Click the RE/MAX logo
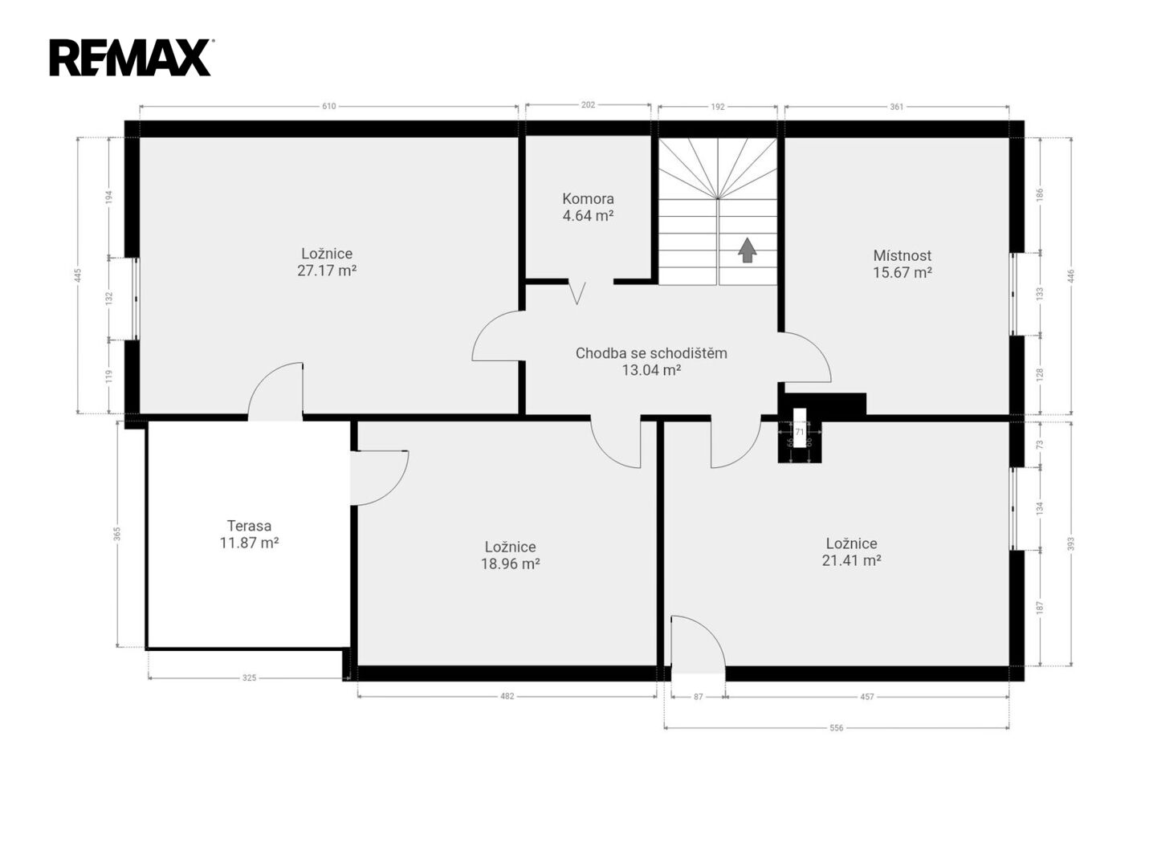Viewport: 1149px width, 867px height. (130, 58)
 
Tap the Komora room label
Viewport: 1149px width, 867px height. (588, 199)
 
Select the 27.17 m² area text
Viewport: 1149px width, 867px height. (327, 271)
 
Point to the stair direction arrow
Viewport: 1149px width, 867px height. (747, 250)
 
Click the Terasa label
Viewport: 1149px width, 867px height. (249, 525)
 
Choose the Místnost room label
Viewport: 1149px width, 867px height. (902, 255)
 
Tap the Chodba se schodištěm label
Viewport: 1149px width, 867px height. (651, 353)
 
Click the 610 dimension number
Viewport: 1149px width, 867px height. (328, 107)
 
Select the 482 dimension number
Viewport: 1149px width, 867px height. (507, 697)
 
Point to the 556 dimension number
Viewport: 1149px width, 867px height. (837, 728)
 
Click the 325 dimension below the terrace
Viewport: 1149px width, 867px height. (249, 678)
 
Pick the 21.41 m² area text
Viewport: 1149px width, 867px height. (851, 561)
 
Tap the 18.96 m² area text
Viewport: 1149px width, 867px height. (511, 564)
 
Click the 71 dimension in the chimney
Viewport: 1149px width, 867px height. (800, 432)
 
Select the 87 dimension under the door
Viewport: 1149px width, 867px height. (699, 697)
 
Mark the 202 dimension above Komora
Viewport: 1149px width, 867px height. (588, 105)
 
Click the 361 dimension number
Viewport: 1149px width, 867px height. (897, 108)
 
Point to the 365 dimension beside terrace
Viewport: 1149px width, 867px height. (117, 534)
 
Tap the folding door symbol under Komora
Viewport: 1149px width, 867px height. (577, 293)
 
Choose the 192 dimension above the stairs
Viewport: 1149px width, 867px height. (718, 108)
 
